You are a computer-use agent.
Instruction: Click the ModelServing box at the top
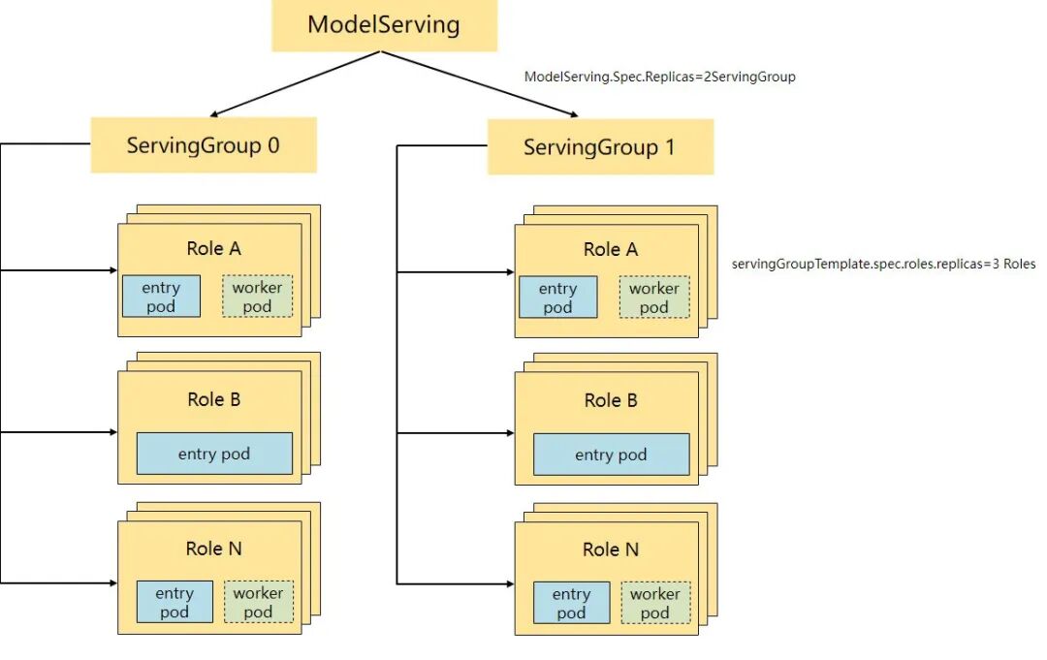(x=384, y=25)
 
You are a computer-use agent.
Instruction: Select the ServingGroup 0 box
(x=204, y=145)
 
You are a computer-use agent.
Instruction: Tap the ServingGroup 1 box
(x=600, y=147)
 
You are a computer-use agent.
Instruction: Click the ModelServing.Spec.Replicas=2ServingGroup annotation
(x=659, y=77)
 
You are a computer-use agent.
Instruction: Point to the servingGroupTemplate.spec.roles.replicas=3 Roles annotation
(x=883, y=264)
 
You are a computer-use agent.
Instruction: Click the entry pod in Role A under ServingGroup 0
(x=161, y=297)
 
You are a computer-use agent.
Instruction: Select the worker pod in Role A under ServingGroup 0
(x=257, y=297)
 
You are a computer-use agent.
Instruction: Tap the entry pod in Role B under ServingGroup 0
(x=214, y=454)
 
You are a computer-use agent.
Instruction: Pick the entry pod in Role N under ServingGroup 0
(x=174, y=602)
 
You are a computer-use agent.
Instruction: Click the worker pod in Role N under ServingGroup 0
(x=258, y=602)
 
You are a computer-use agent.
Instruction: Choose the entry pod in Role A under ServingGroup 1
(x=557, y=298)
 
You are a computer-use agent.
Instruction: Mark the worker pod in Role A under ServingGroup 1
(x=654, y=298)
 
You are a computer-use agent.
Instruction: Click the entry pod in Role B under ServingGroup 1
(x=611, y=455)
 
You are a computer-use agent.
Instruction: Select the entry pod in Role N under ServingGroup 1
(x=571, y=603)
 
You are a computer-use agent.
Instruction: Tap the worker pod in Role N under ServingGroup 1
(x=655, y=603)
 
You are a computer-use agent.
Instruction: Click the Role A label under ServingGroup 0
(x=213, y=249)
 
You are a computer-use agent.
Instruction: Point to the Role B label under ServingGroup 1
(x=611, y=400)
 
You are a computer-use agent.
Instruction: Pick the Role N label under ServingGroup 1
(x=611, y=550)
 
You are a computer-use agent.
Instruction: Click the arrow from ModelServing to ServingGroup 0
(x=291, y=84)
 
